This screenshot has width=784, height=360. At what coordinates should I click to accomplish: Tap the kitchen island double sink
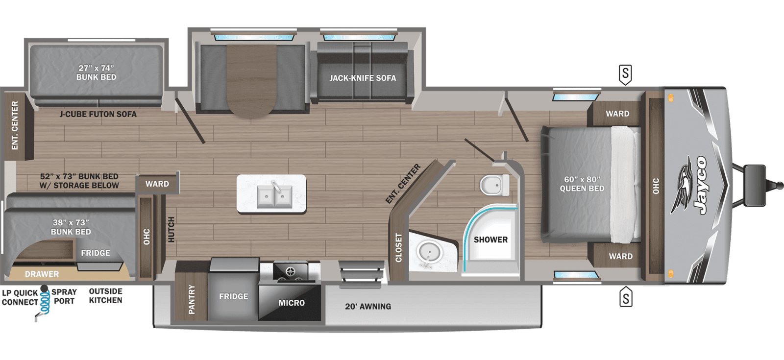(x=272, y=194)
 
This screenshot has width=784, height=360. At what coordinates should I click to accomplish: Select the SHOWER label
(x=490, y=240)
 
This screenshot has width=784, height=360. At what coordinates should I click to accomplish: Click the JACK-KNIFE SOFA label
(x=363, y=78)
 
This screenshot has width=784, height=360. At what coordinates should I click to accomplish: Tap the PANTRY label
(x=192, y=299)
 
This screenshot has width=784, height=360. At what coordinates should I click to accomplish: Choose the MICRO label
(x=292, y=303)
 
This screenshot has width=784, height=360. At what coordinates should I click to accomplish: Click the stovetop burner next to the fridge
(x=290, y=271)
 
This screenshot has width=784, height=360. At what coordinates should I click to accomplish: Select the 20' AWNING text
(x=368, y=307)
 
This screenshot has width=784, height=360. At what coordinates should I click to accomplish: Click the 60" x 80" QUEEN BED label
(x=582, y=184)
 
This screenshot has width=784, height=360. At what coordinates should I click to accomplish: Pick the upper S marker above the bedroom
(x=625, y=74)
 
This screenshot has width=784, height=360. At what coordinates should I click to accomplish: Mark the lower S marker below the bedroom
(x=626, y=298)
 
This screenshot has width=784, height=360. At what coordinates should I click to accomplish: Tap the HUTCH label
(x=171, y=229)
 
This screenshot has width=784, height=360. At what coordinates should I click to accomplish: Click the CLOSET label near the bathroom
(x=398, y=247)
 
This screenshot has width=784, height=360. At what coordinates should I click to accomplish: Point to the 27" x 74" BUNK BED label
(x=96, y=72)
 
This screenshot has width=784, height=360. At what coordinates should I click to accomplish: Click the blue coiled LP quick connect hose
(x=45, y=303)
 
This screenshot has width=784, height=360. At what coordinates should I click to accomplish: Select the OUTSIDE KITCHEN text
(x=105, y=296)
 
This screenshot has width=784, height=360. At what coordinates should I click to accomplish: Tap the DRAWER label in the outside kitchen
(x=42, y=274)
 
